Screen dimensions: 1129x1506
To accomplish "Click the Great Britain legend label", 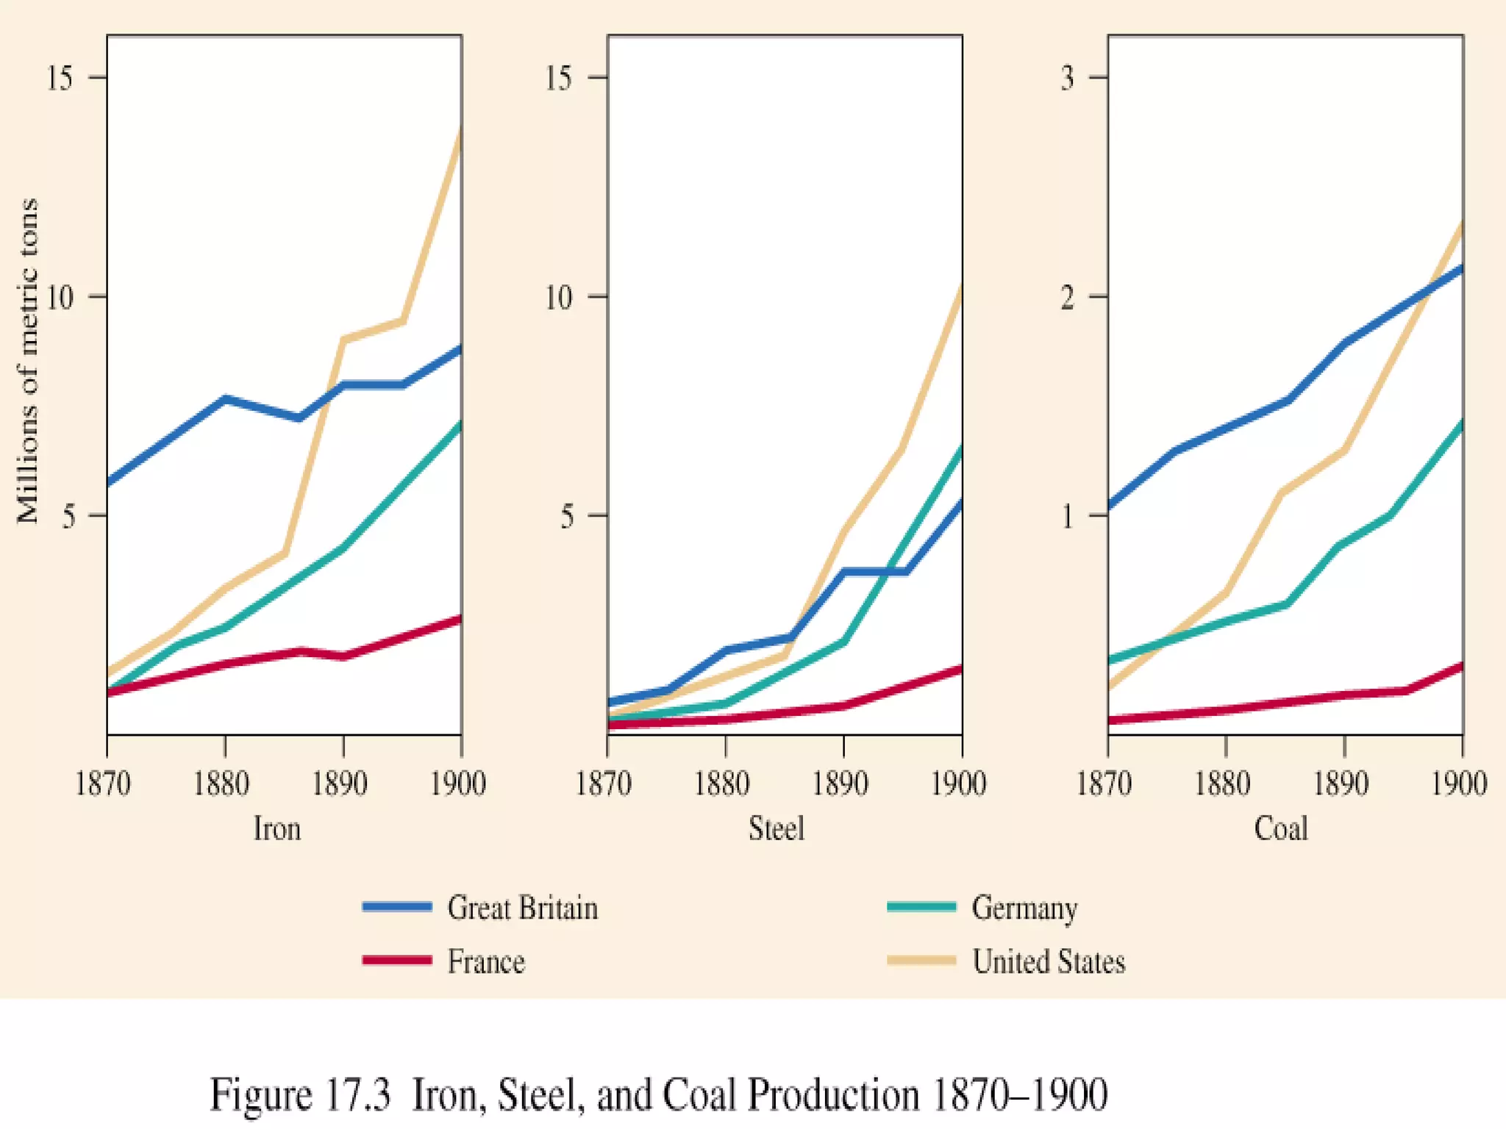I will pos(522,908).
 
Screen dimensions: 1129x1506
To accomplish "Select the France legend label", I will pos(486,961).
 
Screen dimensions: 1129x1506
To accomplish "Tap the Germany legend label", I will pos(1024,908).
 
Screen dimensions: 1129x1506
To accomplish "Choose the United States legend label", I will pos(1049,961).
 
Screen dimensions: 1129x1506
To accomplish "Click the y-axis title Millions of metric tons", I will pos(28,360).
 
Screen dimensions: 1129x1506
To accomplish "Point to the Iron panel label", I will pos(277,828).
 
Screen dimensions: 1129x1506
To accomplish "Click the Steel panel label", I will pos(777,828).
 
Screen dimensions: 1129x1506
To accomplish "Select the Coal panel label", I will pos(1281,828).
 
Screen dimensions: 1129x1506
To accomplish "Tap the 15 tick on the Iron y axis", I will pos(60,77).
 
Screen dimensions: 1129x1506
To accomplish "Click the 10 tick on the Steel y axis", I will pos(559,297).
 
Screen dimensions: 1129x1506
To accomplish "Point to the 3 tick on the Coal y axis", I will pos(1068,77).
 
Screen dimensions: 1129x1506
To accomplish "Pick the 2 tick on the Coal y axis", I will pos(1068,297).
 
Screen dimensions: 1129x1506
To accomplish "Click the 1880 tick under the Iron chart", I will pos(221,784).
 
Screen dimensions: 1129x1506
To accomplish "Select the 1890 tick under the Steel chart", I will pos(841,784).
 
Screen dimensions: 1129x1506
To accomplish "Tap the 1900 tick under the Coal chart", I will pos(1459,784).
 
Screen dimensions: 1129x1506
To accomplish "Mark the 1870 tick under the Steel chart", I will pos(604,784).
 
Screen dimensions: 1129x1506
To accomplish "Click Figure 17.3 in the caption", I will pos(300,1095).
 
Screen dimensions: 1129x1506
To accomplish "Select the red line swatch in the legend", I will pos(397,960).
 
